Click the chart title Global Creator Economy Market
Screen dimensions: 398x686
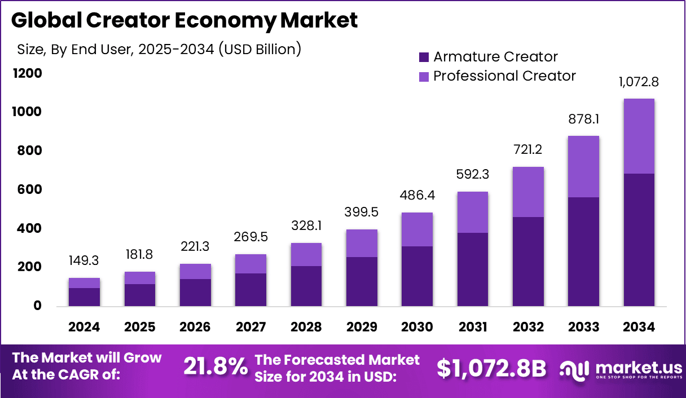(x=184, y=21)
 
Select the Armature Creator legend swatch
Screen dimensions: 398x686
(x=424, y=57)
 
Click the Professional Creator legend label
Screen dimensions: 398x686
(x=504, y=76)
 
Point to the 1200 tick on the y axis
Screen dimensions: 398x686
(x=27, y=73)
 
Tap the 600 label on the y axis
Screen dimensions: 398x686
(x=29, y=190)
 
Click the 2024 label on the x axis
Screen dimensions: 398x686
(x=84, y=327)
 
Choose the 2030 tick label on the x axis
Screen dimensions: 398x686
(x=417, y=327)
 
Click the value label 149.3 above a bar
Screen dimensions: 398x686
(x=84, y=261)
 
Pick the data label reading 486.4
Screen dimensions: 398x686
(x=417, y=196)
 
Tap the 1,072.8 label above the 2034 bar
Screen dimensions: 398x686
(x=639, y=82)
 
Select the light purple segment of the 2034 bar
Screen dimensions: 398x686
(x=639, y=136)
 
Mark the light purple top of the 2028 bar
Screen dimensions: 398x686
(x=306, y=254)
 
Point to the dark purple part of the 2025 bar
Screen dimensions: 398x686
(x=139, y=295)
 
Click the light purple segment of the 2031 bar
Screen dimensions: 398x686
(x=472, y=212)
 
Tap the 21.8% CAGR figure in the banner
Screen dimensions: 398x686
(x=216, y=367)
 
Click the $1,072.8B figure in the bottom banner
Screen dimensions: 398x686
(x=491, y=368)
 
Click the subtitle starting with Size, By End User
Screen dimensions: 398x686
(x=159, y=49)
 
